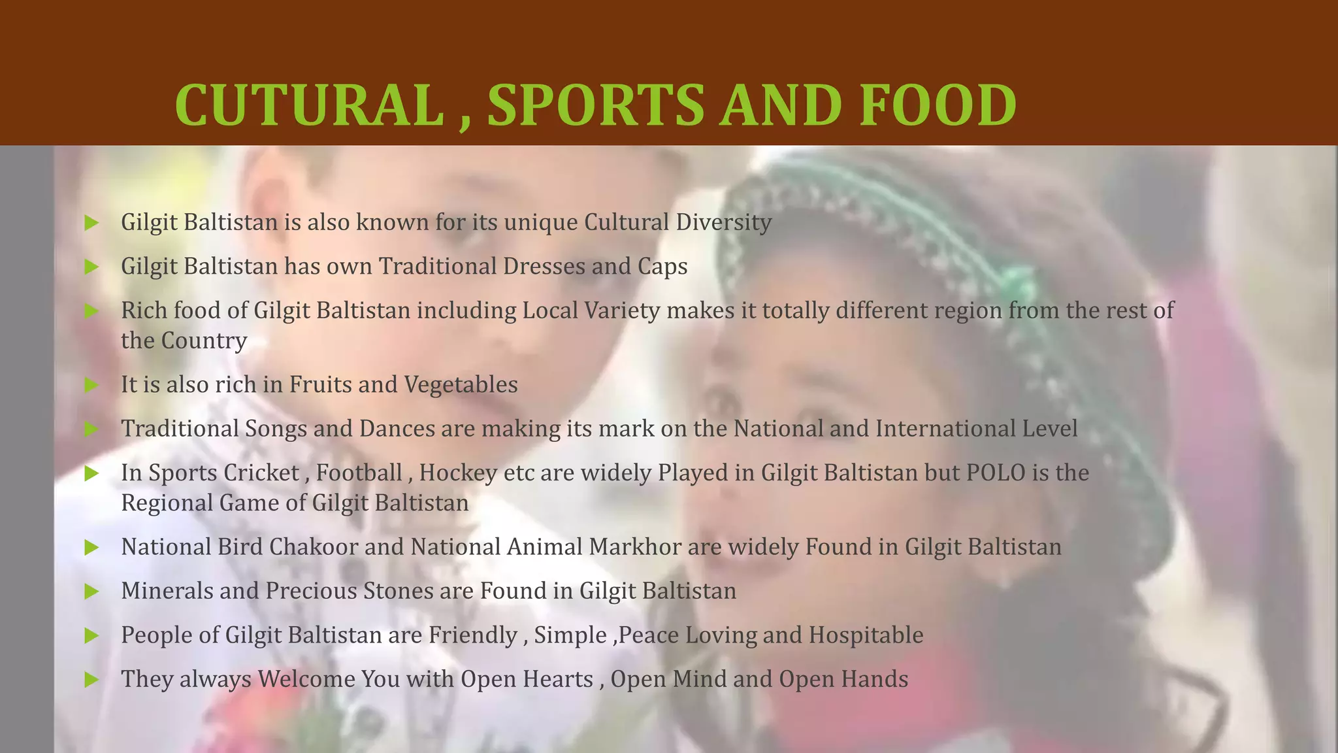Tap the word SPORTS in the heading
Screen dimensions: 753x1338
point(595,105)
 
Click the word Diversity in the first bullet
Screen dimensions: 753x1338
point(724,222)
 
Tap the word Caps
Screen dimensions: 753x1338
point(662,267)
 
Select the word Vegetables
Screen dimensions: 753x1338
point(461,385)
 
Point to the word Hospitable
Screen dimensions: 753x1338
point(866,635)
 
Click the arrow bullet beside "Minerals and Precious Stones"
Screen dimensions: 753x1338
point(91,592)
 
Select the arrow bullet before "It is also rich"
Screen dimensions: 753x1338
point(91,385)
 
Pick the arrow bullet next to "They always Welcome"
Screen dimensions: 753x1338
point(91,680)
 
